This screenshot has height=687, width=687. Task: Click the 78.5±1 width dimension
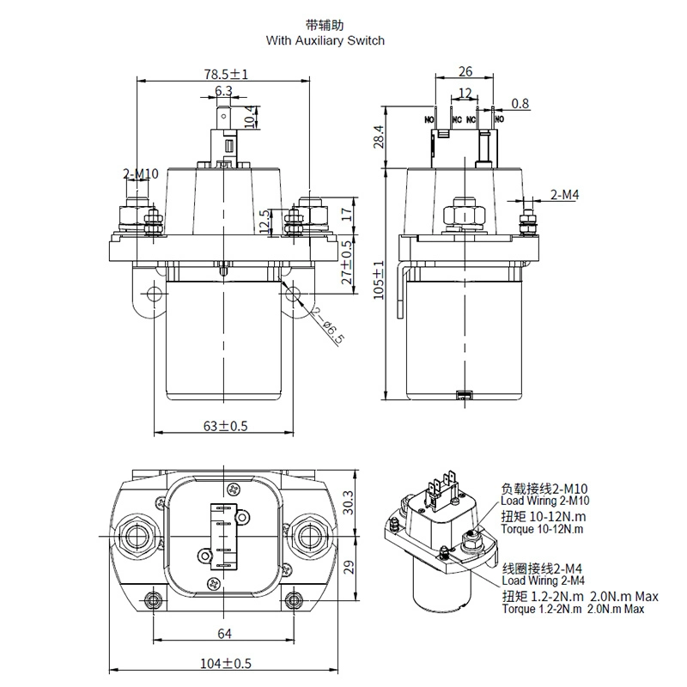(225, 75)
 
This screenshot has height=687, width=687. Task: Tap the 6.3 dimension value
(223, 91)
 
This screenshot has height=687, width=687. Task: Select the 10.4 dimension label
(250, 115)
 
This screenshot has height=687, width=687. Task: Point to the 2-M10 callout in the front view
(141, 174)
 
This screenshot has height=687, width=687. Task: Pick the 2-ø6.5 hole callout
(328, 326)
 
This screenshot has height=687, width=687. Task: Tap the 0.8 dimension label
(520, 104)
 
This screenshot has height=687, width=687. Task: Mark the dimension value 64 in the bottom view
(225, 634)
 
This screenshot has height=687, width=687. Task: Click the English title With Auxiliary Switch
(325, 40)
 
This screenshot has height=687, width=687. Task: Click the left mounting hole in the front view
(155, 295)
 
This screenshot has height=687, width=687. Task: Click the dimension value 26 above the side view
(465, 72)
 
